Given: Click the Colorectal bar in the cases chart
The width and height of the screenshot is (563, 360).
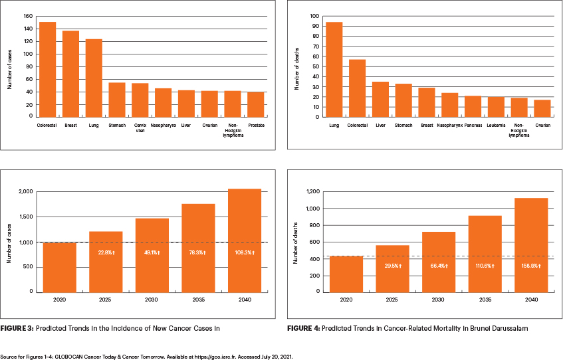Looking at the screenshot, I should point(48,69).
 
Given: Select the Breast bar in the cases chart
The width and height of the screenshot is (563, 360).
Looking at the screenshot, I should point(70,74).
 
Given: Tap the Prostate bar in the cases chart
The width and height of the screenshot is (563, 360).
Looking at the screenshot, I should point(255,104).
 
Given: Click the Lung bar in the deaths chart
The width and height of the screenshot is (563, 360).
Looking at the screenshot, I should point(334,69).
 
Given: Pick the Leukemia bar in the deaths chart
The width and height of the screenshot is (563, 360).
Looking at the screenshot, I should point(496,107).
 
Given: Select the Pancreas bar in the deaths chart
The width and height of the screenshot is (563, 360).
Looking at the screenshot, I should point(473,106).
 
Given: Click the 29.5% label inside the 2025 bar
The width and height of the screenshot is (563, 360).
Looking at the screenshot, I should point(392,266).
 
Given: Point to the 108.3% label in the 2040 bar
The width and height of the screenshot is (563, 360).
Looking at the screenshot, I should point(245,252).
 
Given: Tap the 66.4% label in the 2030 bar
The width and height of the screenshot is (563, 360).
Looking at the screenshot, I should point(439,266).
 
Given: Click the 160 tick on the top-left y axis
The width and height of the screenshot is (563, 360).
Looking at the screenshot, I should point(28,16).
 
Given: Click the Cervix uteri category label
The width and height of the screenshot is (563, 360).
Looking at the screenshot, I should point(140,128).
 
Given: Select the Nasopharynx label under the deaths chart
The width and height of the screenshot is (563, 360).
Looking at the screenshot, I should point(450,126).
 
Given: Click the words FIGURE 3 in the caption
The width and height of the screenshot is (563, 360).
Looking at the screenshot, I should point(19,329).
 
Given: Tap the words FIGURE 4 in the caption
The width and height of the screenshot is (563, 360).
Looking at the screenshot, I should point(303,329).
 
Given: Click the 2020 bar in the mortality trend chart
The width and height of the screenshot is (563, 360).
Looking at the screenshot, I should point(346,274).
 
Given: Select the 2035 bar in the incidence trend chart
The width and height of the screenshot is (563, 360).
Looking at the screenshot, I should point(198,248).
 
